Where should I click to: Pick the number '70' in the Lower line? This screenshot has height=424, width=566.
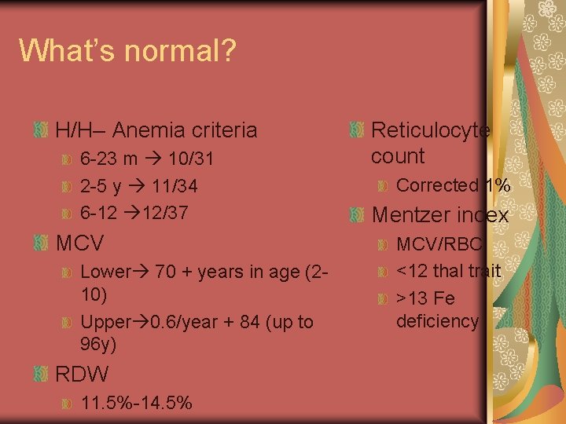(165, 272)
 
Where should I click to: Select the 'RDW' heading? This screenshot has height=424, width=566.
(83, 374)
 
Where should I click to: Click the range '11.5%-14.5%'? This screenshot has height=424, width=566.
(136, 404)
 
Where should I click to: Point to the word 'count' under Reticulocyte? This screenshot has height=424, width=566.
(397, 155)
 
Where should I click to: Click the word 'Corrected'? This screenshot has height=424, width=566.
(437, 186)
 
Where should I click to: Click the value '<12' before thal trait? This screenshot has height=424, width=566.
(413, 271)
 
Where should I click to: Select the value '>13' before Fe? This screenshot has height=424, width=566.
(413, 298)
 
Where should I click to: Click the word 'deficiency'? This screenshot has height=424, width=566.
(437, 320)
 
